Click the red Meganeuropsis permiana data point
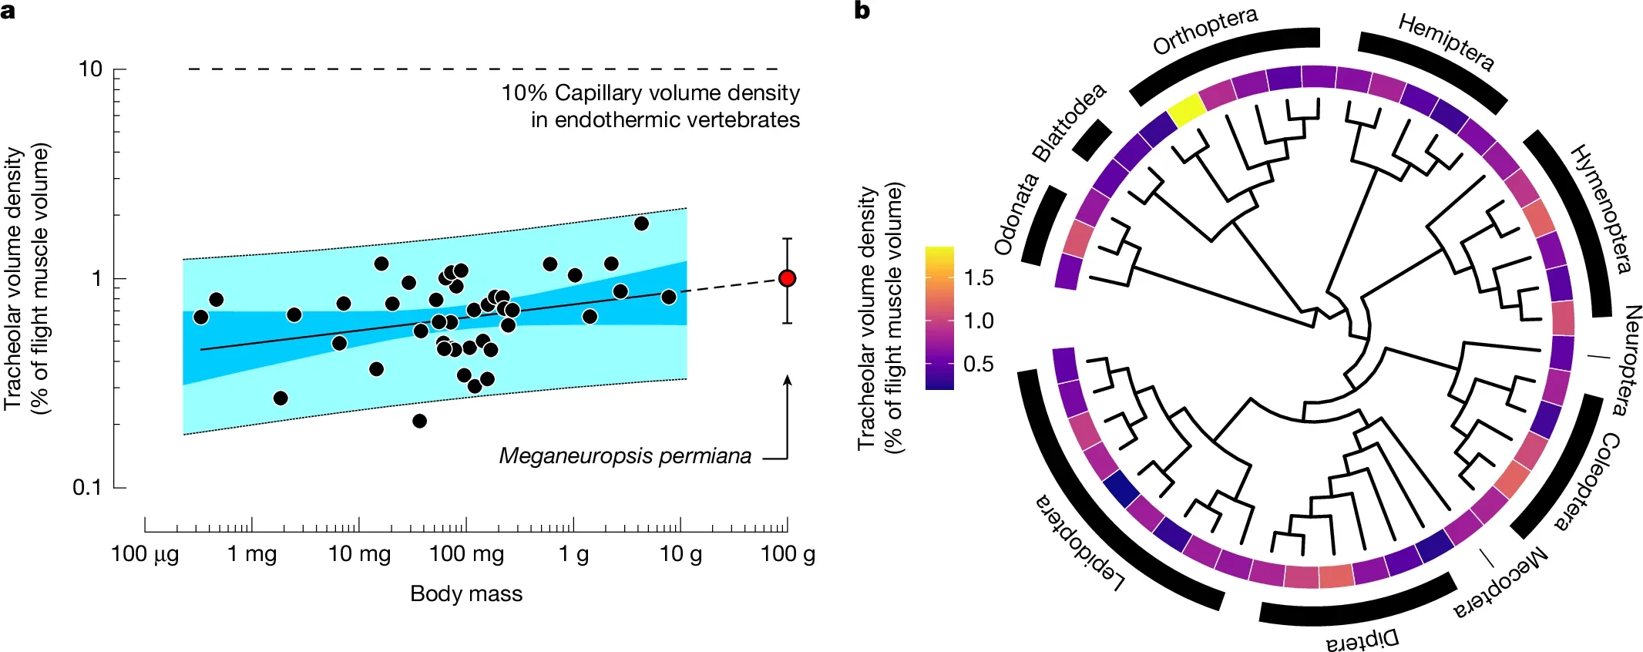(x=787, y=278)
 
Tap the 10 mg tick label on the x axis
(x=359, y=554)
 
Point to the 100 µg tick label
(x=145, y=554)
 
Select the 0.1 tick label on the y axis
(x=87, y=488)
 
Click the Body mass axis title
(x=465, y=593)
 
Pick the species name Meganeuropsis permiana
(x=625, y=456)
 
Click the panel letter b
(x=862, y=11)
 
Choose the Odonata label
(x=1016, y=215)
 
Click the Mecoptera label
(x=1500, y=583)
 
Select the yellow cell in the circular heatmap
(x=1187, y=111)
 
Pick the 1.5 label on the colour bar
(x=979, y=278)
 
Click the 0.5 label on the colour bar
(x=979, y=364)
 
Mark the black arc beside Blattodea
(x=1091, y=140)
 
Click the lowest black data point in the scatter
(x=419, y=421)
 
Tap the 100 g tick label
(x=787, y=554)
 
